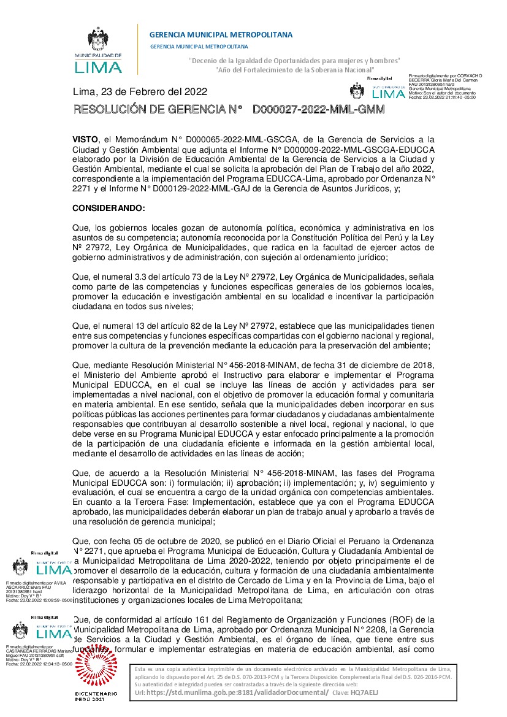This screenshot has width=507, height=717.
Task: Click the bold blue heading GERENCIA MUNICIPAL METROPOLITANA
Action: (221, 34)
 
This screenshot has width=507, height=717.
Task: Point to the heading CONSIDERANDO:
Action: (109, 209)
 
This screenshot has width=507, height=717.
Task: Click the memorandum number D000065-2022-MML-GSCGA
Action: (231, 139)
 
